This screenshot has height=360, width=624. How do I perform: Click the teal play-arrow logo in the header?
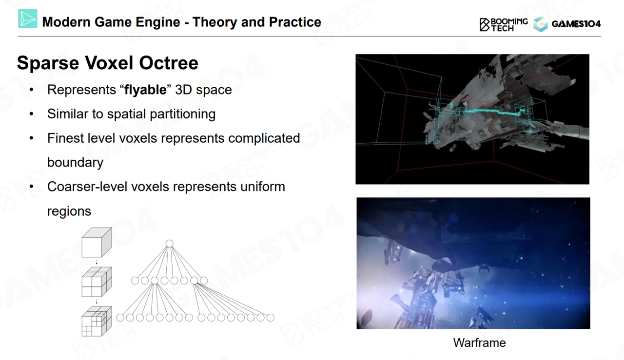[28, 19]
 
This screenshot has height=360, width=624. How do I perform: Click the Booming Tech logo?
[504, 25]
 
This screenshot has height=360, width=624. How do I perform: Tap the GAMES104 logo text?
[576, 24]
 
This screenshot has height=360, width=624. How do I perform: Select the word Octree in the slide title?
[169, 63]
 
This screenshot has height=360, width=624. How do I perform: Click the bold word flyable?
[145, 90]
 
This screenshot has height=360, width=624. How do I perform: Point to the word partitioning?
[183, 114]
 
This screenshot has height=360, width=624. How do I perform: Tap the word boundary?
[75, 162]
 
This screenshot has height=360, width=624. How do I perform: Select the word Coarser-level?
[87, 187]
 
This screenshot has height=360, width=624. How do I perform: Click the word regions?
[69, 211]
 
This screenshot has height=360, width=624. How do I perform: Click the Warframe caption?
[479, 343]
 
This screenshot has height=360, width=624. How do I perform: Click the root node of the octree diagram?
[169, 244]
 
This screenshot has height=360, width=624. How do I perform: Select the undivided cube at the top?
[97, 243]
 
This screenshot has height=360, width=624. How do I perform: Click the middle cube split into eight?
[97, 282]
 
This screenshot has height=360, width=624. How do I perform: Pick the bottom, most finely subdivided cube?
[97, 322]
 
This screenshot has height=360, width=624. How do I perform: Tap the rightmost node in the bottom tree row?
[270, 318]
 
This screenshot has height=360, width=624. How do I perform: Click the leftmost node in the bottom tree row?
[120, 318]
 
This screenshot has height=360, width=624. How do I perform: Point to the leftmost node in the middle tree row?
[135, 281]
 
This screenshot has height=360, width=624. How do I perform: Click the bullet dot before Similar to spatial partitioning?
[31, 114]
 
